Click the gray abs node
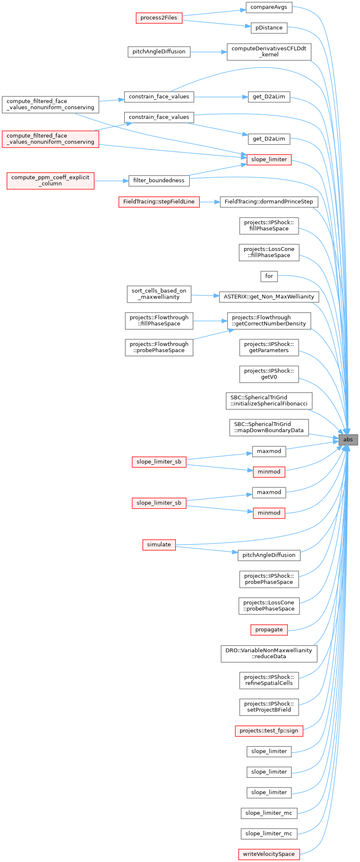tap(348, 439)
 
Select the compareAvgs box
tap(269, 7)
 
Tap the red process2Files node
tap(159, 18)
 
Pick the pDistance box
tap(269, 28)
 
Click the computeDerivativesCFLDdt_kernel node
tap(269, 51)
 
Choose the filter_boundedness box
tap(159, 180)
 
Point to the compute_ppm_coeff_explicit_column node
tap(50, 180)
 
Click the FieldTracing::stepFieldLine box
tap(159, 202)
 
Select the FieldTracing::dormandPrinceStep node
tap(269, 202)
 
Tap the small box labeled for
tap(269, 276)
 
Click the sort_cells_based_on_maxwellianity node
tap(159, 294)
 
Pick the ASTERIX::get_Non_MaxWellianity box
tap(269, 297)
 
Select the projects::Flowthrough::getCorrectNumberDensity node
tap(269, 321)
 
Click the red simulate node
tap(159, 544)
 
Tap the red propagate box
tap(269, 630)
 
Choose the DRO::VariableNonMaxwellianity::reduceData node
tap(269, 654)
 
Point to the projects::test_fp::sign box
tap(269, 731)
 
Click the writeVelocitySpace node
tap(269, 854)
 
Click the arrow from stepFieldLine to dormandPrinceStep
tap(210, 202)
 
